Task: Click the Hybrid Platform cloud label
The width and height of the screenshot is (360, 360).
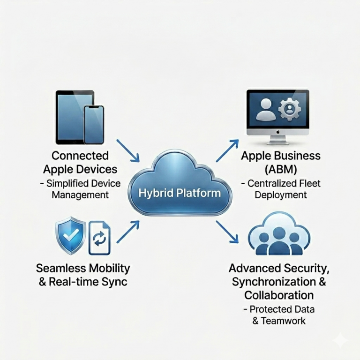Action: click(180, 193)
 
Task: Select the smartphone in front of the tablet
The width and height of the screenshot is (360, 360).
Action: click(94, 125)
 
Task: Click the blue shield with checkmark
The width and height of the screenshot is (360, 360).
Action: click(71, 235)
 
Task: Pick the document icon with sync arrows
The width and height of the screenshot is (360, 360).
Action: click(99, 238)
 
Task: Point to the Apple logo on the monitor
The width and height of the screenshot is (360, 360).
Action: click(277, 132)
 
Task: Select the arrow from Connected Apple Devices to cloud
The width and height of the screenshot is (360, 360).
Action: click(128, 150)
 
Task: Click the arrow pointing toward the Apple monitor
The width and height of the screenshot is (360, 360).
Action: click(227, 150)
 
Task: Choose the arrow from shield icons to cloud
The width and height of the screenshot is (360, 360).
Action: click(128, 232)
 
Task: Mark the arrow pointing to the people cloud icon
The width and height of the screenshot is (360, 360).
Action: click(227, 232)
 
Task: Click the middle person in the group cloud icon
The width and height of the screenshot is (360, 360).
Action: click(279, 243)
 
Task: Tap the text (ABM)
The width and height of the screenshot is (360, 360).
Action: click(281, 169)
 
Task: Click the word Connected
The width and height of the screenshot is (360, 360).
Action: click(80, 156)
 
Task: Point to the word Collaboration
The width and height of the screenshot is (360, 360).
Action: click(279, 295)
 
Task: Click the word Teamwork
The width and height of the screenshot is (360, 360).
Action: click(283, 321)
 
